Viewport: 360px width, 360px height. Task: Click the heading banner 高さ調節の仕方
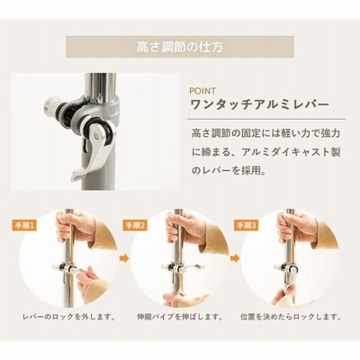coord(180,47)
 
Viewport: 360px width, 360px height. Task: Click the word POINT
coord(202,91)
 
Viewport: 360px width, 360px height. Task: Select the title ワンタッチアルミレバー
coord(260,105)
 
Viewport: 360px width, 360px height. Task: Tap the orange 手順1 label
coord(24,225)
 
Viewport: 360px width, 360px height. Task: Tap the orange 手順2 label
coord(135,225)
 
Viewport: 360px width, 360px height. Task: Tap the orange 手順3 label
coord(247,225)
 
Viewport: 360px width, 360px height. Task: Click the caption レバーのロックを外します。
coord(69,317)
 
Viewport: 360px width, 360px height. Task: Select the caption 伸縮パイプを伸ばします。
coord(180,317)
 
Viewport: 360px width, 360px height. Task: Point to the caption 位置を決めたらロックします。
coord(291,317)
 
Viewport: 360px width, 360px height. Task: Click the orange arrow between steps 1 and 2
coord(124,258)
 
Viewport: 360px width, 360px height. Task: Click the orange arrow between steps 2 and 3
coord(235,258)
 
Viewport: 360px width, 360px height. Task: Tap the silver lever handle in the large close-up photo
coord(91,155)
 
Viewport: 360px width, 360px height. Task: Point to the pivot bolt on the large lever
coord(96,136)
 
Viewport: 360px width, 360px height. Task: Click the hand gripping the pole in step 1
coord(75,226)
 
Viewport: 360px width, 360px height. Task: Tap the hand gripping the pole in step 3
coord(296,226)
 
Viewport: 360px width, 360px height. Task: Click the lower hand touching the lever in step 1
coord(87,281)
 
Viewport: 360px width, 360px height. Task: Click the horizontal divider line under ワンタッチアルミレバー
coord(266,120)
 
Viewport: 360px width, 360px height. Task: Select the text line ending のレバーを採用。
coord(229,171)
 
